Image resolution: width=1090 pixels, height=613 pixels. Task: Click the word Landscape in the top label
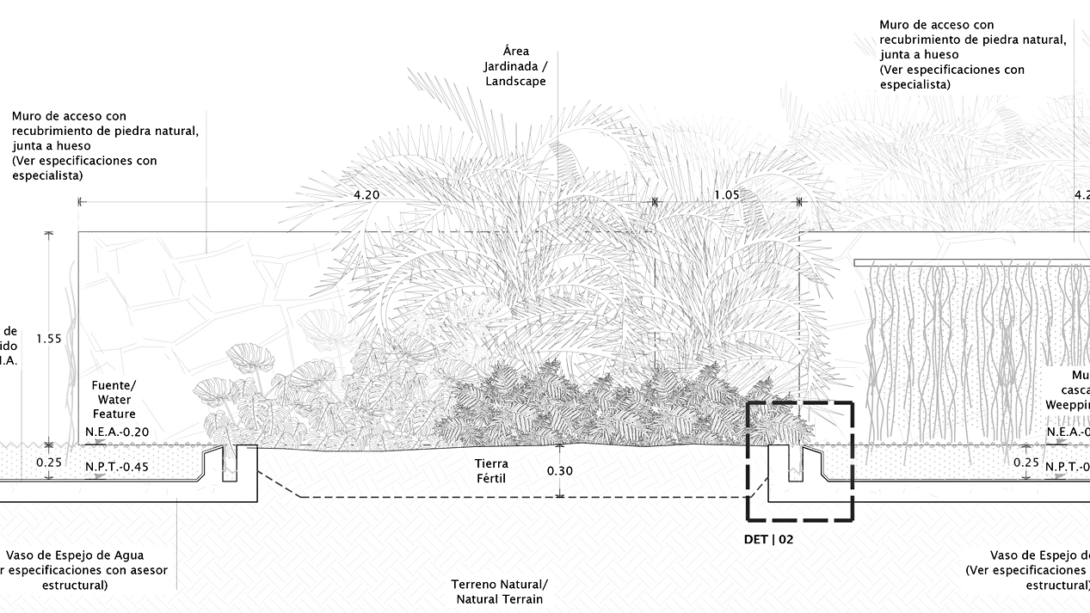click(x=514, y=82)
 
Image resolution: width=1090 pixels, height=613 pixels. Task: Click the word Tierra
click(x=491, y=463)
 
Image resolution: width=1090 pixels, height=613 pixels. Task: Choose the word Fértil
click(x=491, y=479)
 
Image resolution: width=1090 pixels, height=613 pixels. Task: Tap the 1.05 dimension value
click(x=727, y=195)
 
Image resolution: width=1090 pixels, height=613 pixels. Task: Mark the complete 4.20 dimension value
click(x=366, y=195)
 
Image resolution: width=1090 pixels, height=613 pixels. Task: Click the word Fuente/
click(x=114, y=385)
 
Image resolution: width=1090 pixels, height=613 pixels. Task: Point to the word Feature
click(x=114, y=414)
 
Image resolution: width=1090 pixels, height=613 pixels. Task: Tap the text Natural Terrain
click(x=499, y=599)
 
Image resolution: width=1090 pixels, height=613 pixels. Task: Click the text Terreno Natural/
click(x=499, y=585)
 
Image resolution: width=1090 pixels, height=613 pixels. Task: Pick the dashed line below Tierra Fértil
click(x=516, y=498)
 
